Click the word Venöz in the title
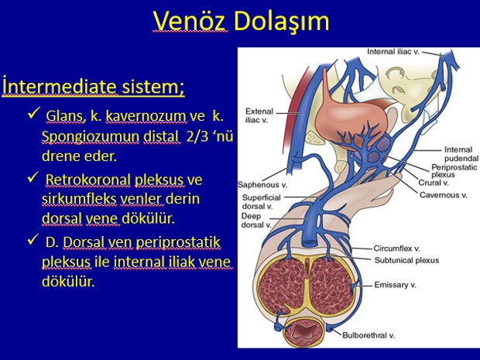pyautogui.click(x=190, y=21)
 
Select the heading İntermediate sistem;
pyautogui.click(x=94, y=87)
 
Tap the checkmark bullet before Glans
pyautogui.click(x=34, y=113)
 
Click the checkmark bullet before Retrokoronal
pyautogui.click(x=33, y=177)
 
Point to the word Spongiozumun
pyautogui.click(x=91, y=137)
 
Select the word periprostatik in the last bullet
pyautogui.click(x=178, y=243)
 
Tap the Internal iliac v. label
pyautogui.click(x=393, y=51)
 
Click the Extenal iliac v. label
pyautogui.click(x=259, y=115)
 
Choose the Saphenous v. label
pyautogui.click(x=262, y=184)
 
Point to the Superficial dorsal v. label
pyautogui.click(x=261, y=202)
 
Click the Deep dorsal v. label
pyautogui.click(x=256, y=221)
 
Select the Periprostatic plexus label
pyautogui.click(x=454, y=171)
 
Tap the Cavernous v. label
pyautogui.click(x=444, y=195)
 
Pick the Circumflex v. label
pyautogui.click(x=396, y=249)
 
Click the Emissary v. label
pyautogui.click(x=395, y=285)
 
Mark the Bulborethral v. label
pyautogui.click(x=369, y=335)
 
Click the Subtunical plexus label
pyautogui.click(x=406, y=260)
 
